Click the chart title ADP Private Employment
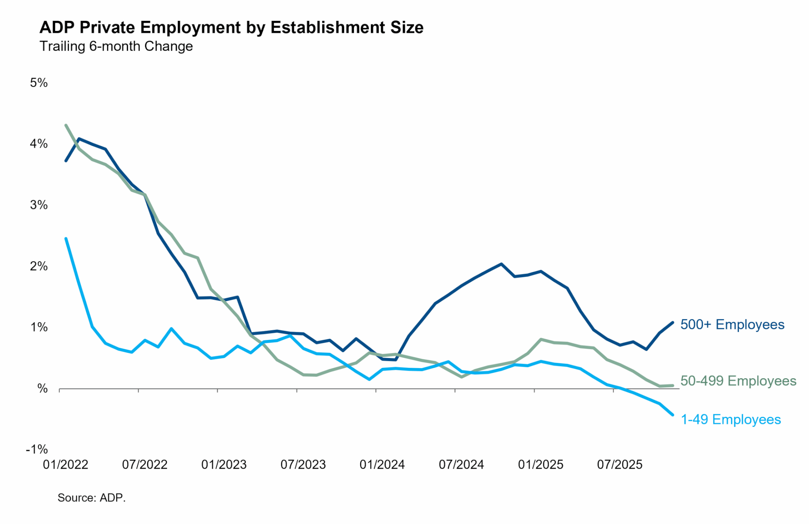point(232,27)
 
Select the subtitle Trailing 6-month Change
point(116,46)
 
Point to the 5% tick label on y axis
point(39,83)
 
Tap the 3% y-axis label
point(39,205)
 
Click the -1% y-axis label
point(37,449)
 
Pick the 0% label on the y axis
point(42,389)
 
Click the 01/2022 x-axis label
point(65,465)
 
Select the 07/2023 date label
point(303,465)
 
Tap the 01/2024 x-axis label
point(382,465)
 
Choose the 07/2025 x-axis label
point(620,465)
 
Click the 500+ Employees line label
point(732,325)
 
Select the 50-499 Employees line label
point(738,381)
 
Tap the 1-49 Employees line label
point(731,419)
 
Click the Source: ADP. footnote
point(91,498)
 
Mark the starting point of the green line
point(66,125)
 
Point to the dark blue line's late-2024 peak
point(501,264)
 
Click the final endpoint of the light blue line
point(673,415)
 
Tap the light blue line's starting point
point(66,239)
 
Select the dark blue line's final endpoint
point(673,323)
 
